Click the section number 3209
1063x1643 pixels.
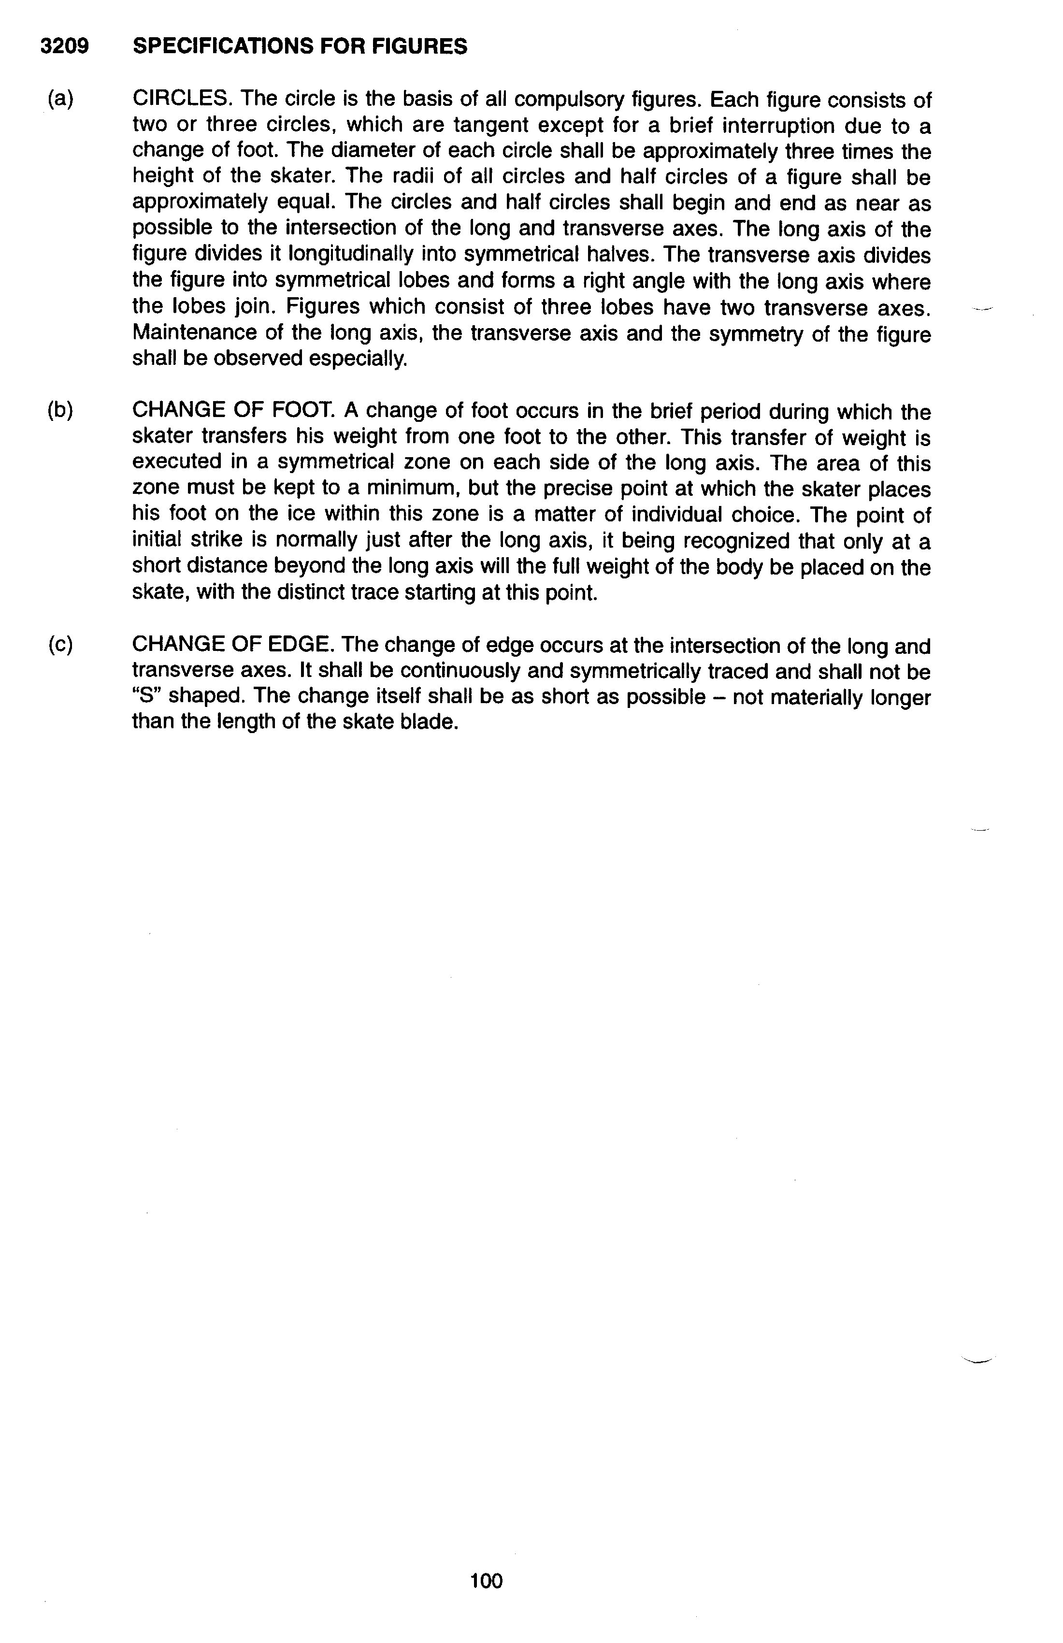(x=64, y=46)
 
